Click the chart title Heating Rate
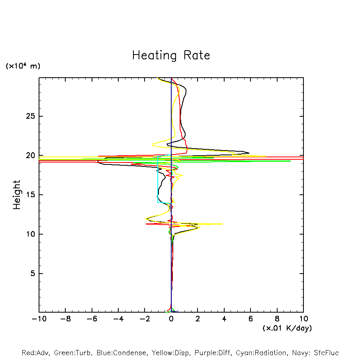tap(171, 55)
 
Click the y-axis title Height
tap(17, 195)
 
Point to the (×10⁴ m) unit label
tap(23, 66)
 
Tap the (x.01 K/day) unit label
tap(287, 328)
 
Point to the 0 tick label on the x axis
tap(171, 319)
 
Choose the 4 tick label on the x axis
tap(224, 319)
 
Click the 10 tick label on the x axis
tap(303, 319)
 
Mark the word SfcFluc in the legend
tap(325, 353)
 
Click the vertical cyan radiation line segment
tap(158, 179)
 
